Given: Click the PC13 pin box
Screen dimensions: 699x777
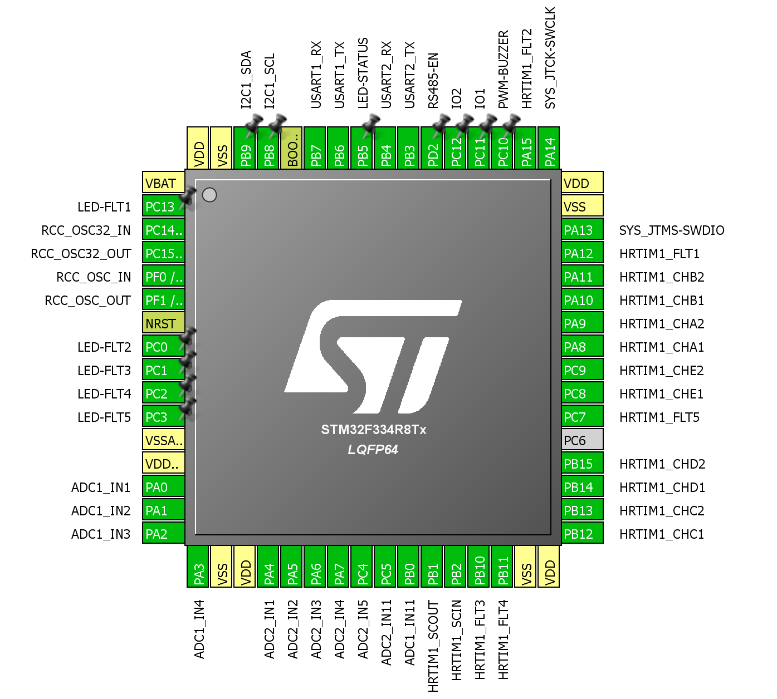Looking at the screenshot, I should click(x=163, y=207).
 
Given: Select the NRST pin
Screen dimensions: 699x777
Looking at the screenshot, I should click(x=163, y=323).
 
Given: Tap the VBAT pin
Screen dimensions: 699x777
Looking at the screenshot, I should click(x=163, y=183).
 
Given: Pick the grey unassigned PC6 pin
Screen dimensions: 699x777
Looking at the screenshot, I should click(x=582, y=440).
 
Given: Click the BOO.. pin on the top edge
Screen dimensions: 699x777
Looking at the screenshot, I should click(x=292, y=148).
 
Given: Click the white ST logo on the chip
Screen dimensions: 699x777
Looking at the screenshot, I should click(x=373, y=356).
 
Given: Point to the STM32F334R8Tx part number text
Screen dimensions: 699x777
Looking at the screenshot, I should click(x=373, y=430).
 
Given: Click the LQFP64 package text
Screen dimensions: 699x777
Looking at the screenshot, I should click(x=373, y=450).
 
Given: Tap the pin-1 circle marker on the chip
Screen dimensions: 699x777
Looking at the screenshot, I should click(x=209, y=195).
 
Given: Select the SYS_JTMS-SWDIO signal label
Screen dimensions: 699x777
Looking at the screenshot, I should click(x=672, y=230).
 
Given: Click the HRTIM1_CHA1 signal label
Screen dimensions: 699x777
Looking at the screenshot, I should click(x=662, y=347).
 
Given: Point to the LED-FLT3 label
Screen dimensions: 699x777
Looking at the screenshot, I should click(x=104, y=371).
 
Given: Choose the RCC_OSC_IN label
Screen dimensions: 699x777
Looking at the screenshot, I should click(x=94, y=277).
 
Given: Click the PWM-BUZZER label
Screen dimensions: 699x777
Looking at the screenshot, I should click(x=504, y=70).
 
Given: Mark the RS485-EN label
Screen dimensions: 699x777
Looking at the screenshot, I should click(x=433, y=81).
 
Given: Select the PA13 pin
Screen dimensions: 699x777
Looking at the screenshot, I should click(x=582, y=230).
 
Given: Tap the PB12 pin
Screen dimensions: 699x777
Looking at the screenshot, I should click(x=582, y=534).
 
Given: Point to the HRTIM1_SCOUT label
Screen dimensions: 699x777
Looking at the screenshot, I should click(x=433, y=646).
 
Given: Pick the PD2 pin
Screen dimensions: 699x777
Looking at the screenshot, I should click(x=433, y=148).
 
